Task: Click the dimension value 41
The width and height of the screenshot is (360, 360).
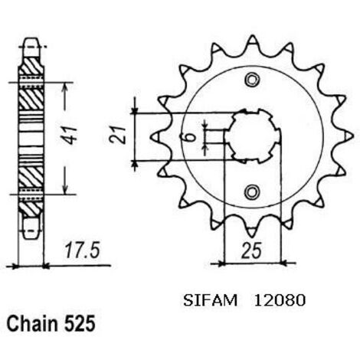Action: [70, 135]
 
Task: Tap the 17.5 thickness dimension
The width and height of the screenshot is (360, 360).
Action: [81, 250]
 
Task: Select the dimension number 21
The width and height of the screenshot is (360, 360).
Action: [118, 135]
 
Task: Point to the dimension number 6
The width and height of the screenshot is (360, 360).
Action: [193, 138]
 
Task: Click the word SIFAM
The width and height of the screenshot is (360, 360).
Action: [210, 300]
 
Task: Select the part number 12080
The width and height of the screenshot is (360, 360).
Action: [280, 300]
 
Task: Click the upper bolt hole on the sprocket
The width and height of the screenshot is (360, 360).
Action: [252, 80]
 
